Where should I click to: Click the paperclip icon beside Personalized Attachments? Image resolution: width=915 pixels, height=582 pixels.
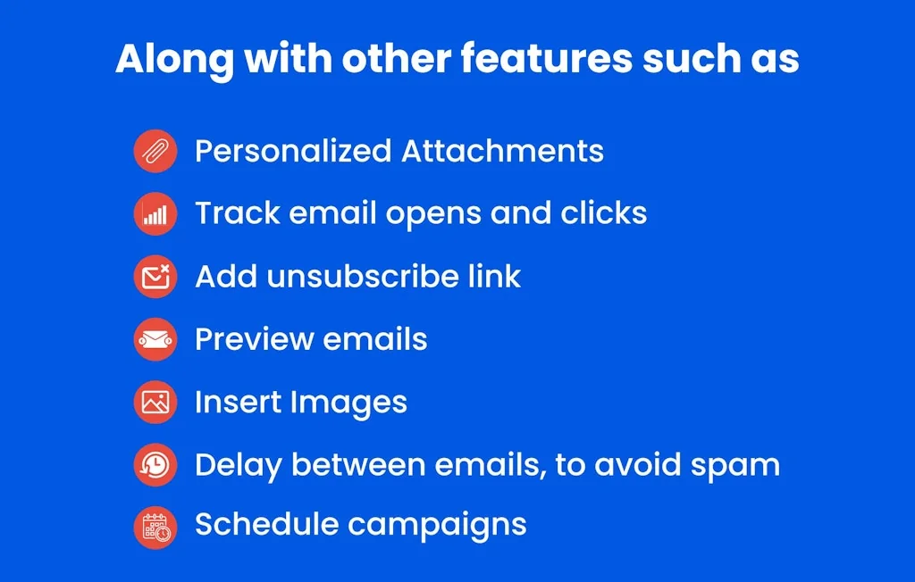[155, 151]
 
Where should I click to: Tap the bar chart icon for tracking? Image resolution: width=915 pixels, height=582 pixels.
[155, 214]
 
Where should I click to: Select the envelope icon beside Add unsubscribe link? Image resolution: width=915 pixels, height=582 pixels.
[155, 277]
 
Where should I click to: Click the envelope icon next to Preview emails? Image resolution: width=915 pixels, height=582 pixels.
[155, 339]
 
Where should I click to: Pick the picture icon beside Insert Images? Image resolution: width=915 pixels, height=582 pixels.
[155, 403]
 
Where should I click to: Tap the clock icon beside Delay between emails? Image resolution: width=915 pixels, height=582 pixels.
[155, 465]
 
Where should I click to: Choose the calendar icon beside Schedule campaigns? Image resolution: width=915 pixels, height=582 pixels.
[155, 528]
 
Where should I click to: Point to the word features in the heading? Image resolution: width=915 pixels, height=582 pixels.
[546, 58]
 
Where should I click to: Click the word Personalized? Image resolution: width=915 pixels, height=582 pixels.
[293, 151]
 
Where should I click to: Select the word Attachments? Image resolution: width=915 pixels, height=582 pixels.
[502, 151]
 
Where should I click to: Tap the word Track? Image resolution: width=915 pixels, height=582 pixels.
[238, 212]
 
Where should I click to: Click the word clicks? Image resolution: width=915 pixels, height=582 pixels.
[603, 212]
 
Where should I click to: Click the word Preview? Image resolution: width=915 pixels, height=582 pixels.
[254, 339]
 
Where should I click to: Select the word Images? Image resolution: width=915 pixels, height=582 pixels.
[348, 403]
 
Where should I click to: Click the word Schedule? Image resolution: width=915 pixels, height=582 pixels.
[266, 524]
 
